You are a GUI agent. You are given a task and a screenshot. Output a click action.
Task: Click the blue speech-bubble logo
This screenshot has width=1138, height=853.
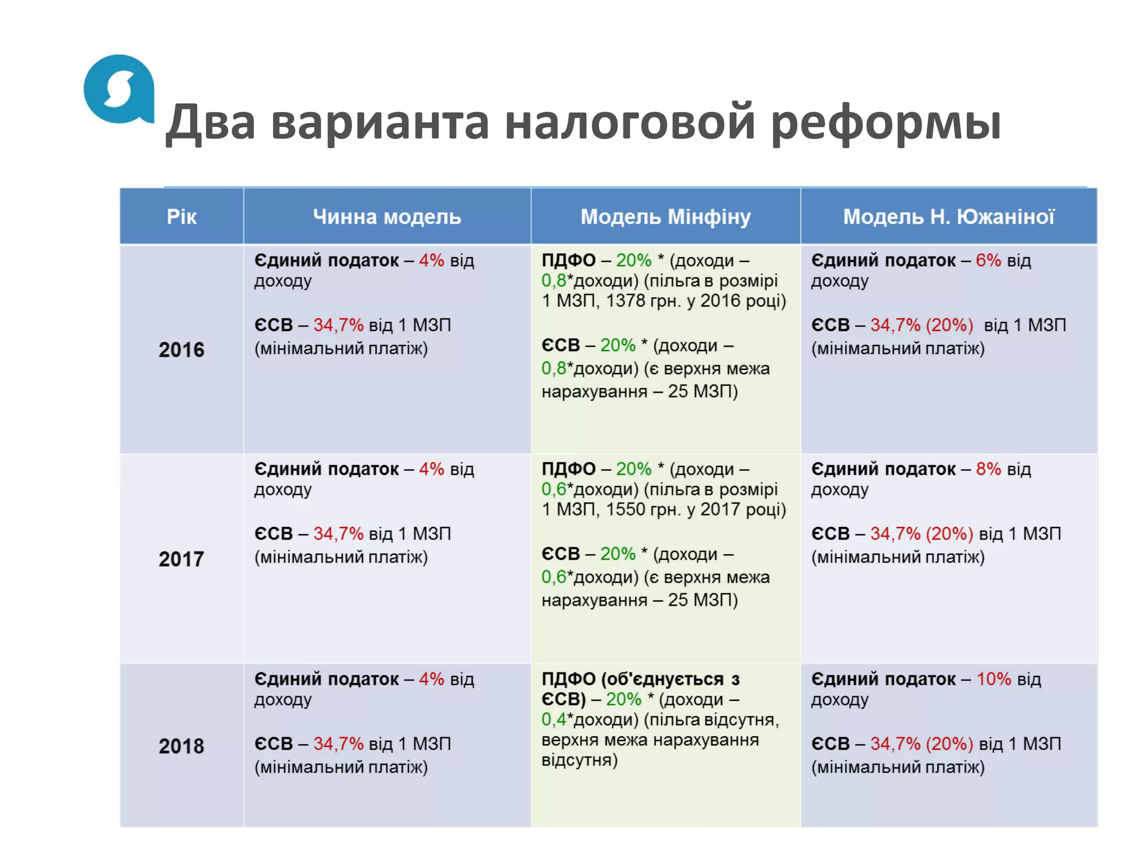click(118, 89)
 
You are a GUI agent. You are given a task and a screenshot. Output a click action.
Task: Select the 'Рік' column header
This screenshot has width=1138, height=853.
click(182, 217)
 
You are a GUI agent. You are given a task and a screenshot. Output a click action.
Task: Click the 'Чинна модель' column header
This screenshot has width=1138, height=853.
click(387, 217)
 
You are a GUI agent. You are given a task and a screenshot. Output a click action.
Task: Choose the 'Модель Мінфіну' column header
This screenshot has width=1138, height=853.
click(665, 217)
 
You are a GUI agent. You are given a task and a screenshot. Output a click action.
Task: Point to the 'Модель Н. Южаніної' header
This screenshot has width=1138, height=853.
click(949, 217)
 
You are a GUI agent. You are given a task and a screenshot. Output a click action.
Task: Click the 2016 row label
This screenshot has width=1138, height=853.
click(182, 350)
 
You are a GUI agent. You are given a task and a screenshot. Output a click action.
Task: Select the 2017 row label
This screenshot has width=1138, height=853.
click(182, 559)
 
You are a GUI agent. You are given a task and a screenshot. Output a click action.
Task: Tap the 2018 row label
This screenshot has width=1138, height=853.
click(182, 746)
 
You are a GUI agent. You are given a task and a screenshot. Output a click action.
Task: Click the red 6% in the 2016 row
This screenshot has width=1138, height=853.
click(988, 260)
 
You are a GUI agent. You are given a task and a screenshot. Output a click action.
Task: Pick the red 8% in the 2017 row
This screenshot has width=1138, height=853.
click(988, 469)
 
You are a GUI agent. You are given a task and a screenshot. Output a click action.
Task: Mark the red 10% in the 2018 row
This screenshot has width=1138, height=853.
click(994, 679)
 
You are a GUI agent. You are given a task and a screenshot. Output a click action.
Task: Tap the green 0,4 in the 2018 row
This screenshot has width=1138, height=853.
click(553, 720)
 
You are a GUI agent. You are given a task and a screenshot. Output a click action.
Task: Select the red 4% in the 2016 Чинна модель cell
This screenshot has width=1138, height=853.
click(431, 260)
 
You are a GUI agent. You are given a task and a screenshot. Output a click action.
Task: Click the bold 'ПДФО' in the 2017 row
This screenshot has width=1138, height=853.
click(568, 469)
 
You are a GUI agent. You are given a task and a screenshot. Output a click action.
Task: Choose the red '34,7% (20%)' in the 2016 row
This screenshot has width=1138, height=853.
click(921, 325)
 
